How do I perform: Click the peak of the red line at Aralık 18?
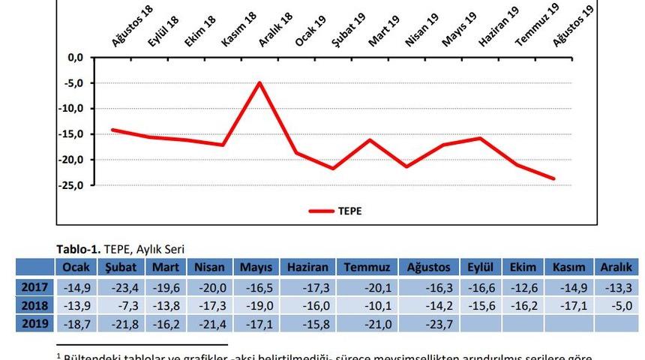(x=259, y=82)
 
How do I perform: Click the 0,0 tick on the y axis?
(x=75, y=57)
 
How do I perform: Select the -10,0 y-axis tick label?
(x=73, y=109)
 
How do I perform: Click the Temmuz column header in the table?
(x=363, y=268)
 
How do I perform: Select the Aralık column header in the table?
(x=615, y=268)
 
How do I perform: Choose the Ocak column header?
(x=76, y=268)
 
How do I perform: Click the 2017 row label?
(x=34, y=287)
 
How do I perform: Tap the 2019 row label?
(x=34, y=323)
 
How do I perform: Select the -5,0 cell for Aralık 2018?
(x=615, y=305)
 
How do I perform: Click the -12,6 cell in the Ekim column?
(x=523, y=287)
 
